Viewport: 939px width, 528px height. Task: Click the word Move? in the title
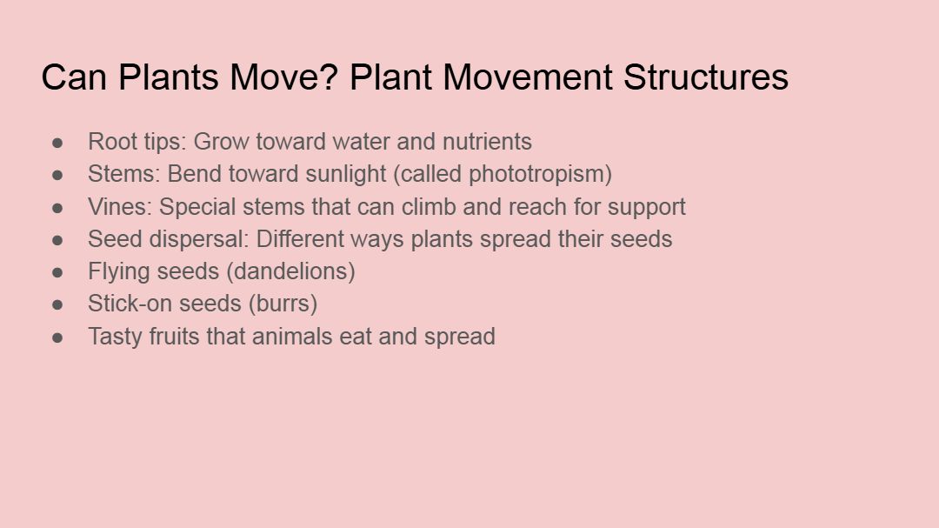(284, 77)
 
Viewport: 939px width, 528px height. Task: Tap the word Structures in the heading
(705, 77)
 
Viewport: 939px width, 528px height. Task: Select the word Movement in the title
(528, 77)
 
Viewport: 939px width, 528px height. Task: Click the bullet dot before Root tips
(57, 143)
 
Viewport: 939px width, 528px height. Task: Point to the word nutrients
(487, 142)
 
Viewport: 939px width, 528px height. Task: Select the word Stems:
(124, 174)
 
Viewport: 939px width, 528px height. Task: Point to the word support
(646, 208)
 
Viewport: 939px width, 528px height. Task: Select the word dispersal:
(198, 239)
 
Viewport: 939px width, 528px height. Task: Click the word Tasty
(115, 337)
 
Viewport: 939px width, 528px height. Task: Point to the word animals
(292, 337)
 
